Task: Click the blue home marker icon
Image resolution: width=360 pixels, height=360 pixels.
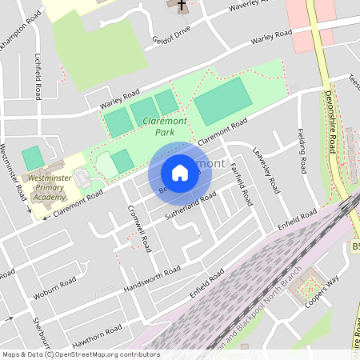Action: (x=180, y=173)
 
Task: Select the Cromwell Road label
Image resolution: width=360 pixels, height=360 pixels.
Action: (x=140, y=227)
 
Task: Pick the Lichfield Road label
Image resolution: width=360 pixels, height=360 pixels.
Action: (x=38, y=77)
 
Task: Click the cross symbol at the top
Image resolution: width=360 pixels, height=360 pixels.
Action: (x=182, y=5)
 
